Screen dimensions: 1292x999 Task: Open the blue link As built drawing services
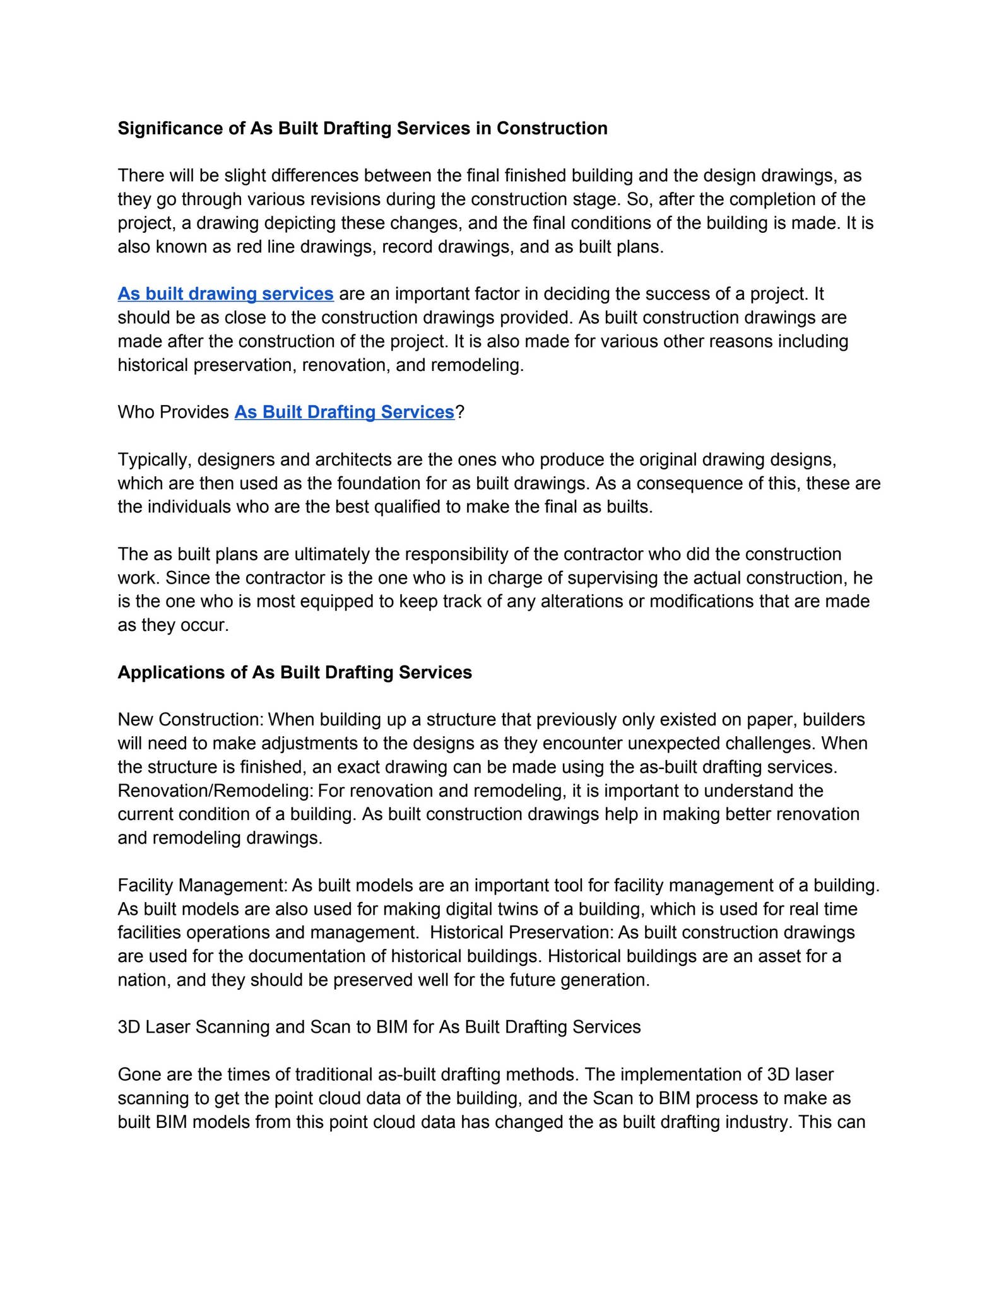pyautogui.click(x=225, y=294)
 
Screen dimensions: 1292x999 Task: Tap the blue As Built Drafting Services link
pyautogui.click(x=344, y=413)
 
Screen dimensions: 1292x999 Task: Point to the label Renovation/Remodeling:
pyautogui.click(x=216, y=791)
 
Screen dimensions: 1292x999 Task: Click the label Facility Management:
pyautogui.click(x=203, y=886)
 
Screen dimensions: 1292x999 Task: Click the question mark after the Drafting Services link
pyautogui.click(x=460, y=413)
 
